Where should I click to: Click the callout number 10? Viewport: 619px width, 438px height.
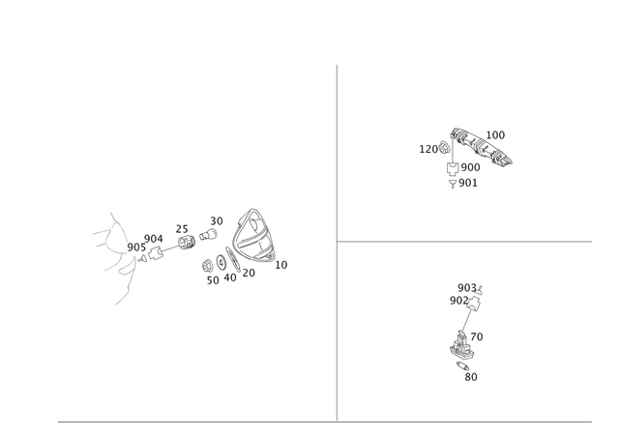point(281,265)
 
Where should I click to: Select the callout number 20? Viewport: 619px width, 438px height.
point(249,273)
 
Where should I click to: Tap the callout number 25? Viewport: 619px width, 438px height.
point(182,229)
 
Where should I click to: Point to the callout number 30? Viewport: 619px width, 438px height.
point(217,221)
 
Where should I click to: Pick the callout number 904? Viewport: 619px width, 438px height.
point(154,239)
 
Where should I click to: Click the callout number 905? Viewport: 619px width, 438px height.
point(136,248)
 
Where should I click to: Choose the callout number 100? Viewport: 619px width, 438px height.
point(495,135)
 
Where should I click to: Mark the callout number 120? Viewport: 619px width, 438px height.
point(428,149)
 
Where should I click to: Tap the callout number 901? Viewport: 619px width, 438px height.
point(468,183)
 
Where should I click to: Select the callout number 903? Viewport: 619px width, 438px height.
point(467,288)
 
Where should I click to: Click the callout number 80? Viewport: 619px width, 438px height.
point(471,377)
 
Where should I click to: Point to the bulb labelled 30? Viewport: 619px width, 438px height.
point(208,234)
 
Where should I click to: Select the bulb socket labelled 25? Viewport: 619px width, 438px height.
point(187,243)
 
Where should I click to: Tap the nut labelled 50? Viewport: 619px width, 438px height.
point(206,266)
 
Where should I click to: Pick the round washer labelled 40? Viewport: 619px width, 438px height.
point(221,263)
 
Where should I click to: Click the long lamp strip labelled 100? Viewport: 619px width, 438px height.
point(482,146)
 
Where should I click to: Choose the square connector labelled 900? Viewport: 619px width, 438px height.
point(453,167)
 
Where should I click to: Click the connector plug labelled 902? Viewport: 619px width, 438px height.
point(474,304)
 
